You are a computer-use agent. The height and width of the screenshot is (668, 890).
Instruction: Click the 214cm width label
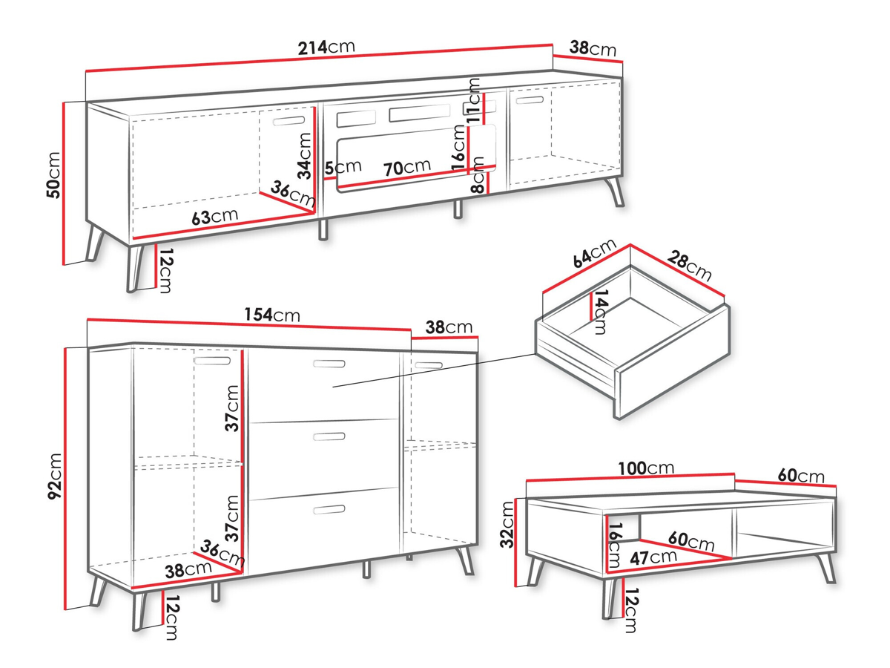click(x=326, y=48)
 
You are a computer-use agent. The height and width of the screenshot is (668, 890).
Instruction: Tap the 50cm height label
click(x=53, y=175)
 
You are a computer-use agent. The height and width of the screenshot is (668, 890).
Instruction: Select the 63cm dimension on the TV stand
click(x=214, y=217)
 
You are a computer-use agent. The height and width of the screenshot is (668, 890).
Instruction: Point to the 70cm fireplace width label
click(x=406, y=167)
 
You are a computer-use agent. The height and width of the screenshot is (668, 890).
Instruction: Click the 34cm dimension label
click(x=305, y=156)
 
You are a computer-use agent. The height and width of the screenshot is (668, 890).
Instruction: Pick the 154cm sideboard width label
click(x=272, y=315)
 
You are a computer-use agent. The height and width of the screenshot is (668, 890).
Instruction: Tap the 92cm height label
click(x=54, y=476)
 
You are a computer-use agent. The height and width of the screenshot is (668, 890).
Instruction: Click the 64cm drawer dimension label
click(x=594, y=254)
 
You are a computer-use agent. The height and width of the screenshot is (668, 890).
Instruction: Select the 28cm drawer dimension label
click(x=689, y=266)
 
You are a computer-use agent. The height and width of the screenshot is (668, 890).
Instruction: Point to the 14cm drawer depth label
click(x=600, y=312)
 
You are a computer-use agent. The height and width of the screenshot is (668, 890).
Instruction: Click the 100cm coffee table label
click(x=646, y=468)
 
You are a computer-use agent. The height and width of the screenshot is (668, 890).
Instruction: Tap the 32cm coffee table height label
click(x=507, y=525)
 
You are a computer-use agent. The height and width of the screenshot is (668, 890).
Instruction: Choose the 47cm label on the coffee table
click(x=653, y=557)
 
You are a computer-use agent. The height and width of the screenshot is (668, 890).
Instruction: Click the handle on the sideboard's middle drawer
click(x=329, y=436)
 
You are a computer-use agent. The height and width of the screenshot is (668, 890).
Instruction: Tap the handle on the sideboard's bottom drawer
click(x=329, y=509)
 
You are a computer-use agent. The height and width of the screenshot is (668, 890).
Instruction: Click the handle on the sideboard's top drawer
click(x=329, y=364)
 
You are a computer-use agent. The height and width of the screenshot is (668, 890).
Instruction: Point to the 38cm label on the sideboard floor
click(x=188, y=570)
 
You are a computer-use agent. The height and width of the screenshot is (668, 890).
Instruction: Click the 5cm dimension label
click(x=343, y=167)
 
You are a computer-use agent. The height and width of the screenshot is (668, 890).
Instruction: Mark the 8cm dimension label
click(x=477, y=175)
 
